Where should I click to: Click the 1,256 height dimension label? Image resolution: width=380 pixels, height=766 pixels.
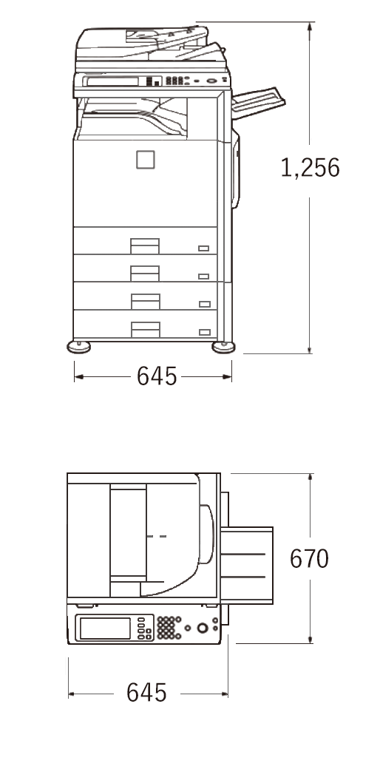click(x=311, y=168)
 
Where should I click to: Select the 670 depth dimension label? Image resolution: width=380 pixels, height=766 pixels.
click(x=309, y=558)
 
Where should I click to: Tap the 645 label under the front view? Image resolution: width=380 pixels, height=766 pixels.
click(x=157, y=376)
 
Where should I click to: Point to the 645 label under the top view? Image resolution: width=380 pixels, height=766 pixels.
click(x=146, y=692)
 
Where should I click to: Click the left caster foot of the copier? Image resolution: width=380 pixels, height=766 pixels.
click(x=78, y=347)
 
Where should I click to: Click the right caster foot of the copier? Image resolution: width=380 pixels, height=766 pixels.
click(x=224, y=347)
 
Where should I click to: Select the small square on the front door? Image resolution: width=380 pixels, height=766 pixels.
click(x=146, y=160)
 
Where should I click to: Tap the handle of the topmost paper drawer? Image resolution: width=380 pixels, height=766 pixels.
click(x=145, y=246)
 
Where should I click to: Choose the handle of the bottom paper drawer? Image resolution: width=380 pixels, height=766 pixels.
click(x=146, y=330)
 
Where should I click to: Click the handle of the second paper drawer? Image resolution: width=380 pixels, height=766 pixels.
click(x=145, y=274)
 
